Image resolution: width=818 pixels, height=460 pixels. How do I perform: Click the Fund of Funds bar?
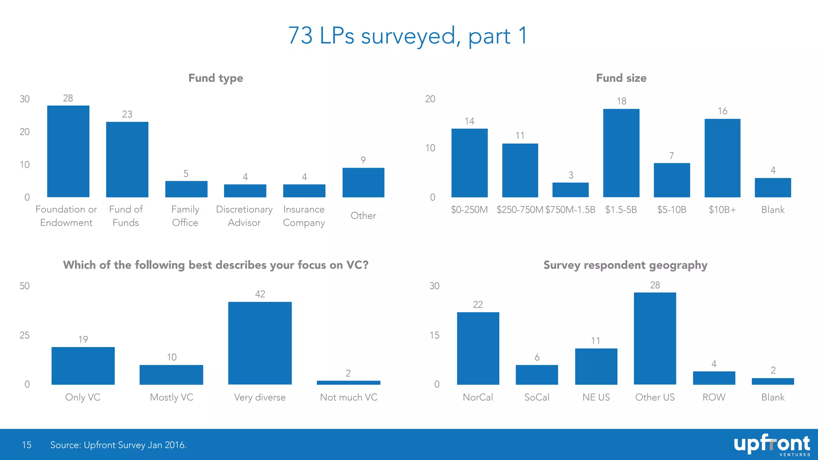tap(127, 159)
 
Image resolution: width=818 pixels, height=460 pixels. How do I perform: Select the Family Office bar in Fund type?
tap(186, 189)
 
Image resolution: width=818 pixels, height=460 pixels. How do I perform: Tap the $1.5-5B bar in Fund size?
tap(621, 153)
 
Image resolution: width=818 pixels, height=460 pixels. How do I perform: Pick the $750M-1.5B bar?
tap(570, 190)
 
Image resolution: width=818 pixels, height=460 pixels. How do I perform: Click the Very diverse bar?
tap(260, 343)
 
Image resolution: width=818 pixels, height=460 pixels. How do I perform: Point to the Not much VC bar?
tap(348, 383)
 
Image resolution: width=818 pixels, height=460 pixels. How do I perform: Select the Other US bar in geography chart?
tap(655, 338)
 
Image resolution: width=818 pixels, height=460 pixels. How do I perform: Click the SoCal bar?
tap(537, 375)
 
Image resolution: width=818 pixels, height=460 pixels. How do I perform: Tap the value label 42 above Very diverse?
tap(260, 294)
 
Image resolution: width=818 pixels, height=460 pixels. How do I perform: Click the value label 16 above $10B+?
tap(722, 111)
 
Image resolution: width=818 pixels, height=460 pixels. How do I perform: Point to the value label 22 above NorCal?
tap(478, 305)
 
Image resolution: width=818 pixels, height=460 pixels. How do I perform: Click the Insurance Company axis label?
tap(304, 216)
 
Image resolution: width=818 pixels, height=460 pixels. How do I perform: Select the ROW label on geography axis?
tap(714, 397)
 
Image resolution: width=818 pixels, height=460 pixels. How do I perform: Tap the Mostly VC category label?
tap(171, 397)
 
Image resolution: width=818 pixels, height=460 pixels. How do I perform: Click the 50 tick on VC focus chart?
tap(25, 286)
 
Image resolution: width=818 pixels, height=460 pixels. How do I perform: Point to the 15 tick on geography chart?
tap(434, 335)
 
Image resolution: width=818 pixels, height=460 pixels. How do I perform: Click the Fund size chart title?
tap(621, 78)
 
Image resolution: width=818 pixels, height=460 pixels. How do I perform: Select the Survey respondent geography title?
tap(625, 265)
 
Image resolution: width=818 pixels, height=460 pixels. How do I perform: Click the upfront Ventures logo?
tap(771, 445)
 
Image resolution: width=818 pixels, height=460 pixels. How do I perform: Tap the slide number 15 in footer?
tap(26, 445)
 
